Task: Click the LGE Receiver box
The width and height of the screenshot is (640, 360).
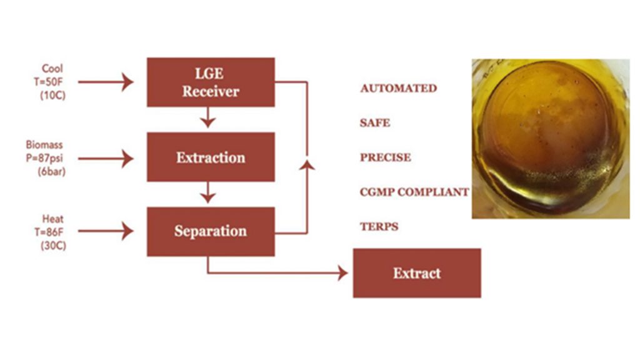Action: [211, 82]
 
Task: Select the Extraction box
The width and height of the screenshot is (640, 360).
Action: [211, 157]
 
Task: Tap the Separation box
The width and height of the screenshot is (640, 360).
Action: [211, 231]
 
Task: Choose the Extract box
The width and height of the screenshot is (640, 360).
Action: [417, 273]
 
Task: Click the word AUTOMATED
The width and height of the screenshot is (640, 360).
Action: [398, 89]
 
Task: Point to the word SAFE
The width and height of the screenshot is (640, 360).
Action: [375, 123]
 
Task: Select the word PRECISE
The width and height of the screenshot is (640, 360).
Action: [386, 157]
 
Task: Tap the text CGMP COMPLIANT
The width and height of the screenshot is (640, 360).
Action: [414, 192]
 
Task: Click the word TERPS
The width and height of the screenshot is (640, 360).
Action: [379, 226]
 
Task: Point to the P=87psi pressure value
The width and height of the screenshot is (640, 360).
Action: [47, 157]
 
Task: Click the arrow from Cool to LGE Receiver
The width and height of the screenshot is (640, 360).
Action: [106, 82]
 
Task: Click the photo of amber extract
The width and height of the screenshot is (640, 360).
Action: [550, 138]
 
